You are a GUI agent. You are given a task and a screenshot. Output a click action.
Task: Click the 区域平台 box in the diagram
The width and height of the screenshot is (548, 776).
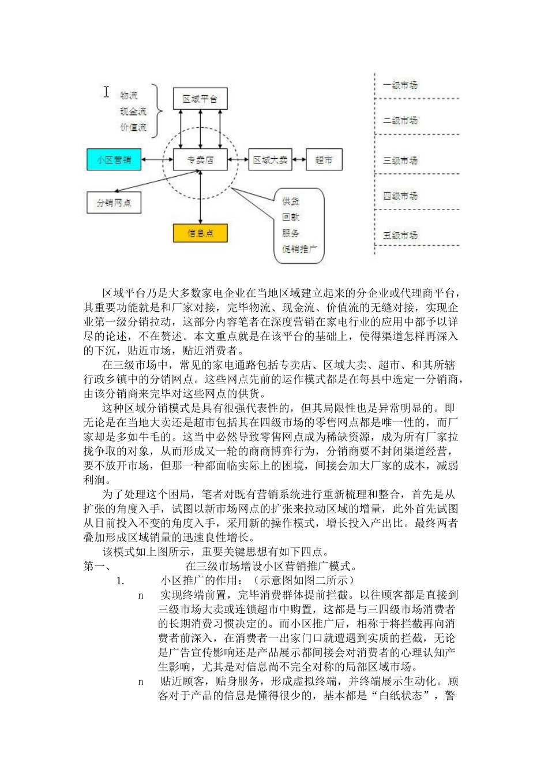(200, 99)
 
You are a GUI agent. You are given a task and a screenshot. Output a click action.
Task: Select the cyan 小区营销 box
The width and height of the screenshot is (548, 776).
(114, 159)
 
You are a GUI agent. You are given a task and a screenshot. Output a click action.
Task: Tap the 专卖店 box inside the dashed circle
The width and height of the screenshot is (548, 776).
(200, 160)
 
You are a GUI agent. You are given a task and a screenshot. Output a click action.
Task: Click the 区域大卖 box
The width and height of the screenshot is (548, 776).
(270, 160)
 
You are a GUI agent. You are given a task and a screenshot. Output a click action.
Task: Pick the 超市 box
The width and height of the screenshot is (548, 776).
(324, 160)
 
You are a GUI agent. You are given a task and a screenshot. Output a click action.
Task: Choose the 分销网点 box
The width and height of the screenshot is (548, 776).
(114, 203)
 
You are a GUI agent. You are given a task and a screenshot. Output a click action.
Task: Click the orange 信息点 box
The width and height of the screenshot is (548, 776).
(200, 233)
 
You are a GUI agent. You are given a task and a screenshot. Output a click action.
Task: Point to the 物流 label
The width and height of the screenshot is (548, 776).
(129, 95)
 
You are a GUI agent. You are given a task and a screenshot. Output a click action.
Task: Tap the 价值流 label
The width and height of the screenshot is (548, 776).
(133, 127)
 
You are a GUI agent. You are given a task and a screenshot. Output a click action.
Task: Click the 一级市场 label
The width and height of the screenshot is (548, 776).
(400, 85)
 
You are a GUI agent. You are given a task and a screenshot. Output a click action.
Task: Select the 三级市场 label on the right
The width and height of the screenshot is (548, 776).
(400, 160)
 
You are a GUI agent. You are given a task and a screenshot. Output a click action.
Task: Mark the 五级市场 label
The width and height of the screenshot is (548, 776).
(400, 235)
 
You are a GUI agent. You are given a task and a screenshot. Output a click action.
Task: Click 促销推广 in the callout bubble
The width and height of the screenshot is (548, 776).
(299, 249)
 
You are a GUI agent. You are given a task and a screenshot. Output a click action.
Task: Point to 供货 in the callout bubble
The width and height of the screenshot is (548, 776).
(291, 202)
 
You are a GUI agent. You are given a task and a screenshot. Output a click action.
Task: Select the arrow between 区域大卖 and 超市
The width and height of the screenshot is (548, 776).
(299, 160)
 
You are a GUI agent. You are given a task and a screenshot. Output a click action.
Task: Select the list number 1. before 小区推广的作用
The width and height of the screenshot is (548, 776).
(121, 581)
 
